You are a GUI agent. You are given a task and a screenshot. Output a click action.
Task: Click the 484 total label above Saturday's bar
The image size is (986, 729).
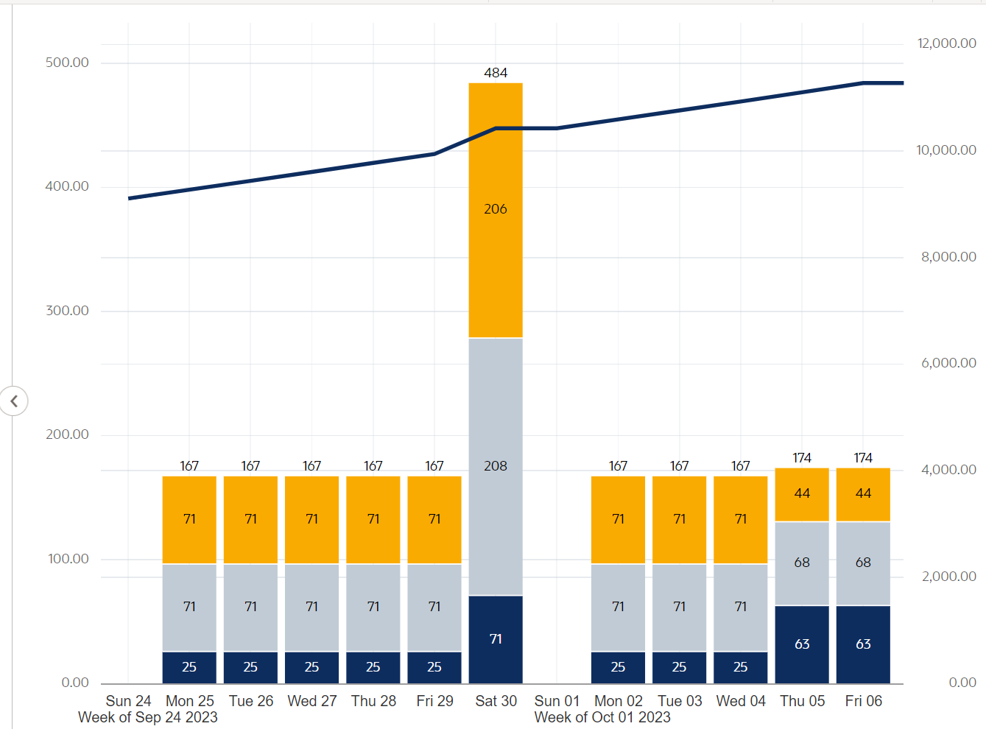click(x=496, y=73)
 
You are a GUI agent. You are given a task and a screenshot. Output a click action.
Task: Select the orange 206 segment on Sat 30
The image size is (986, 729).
click(x=496, y=210)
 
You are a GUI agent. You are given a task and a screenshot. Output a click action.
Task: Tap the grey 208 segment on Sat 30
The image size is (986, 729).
click(x=496, y=466)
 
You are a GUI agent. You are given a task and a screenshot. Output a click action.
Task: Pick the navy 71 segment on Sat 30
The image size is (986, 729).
click(x=496, y=638)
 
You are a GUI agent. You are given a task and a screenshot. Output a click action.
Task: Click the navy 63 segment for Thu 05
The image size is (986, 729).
click(x=802, y=644)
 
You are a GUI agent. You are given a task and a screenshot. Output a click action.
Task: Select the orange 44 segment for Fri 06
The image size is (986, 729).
click(x=863, y=494)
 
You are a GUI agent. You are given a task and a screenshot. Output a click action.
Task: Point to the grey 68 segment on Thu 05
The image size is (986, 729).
click(x=802, y=563)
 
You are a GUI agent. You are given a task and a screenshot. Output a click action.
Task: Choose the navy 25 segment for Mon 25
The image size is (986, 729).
click(x=189, y=667)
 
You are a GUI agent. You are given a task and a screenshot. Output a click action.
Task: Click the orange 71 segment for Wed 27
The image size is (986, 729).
click(x=311, y=519)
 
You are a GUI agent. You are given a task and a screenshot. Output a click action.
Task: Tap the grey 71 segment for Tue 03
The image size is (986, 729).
click(x=679, y=607)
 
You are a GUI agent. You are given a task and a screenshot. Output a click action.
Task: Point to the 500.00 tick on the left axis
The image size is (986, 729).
click(x=67, y=63)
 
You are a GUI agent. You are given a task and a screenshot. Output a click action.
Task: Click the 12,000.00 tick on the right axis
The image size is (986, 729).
click(x=947, y=43)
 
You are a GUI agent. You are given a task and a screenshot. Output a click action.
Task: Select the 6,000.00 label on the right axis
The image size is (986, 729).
click(x=948, y=363)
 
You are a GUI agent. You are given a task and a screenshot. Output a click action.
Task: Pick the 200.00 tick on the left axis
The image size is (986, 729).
click(x=67, y=434)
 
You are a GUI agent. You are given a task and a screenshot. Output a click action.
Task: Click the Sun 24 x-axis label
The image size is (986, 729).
click(x=128, y=701)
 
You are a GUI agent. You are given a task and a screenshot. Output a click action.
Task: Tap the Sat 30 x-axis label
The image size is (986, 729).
click(x=496, y=701)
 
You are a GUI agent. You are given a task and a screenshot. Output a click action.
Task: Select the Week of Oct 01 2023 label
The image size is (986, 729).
click(x=602, y=717)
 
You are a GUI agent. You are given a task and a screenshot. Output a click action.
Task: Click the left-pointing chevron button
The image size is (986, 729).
click(x=14, y=401)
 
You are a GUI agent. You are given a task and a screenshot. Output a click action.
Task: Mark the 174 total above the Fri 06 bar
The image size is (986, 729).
click(x=863, y=458)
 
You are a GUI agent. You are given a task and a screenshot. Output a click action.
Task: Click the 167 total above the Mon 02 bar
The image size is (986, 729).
click(x=618, y=466)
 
